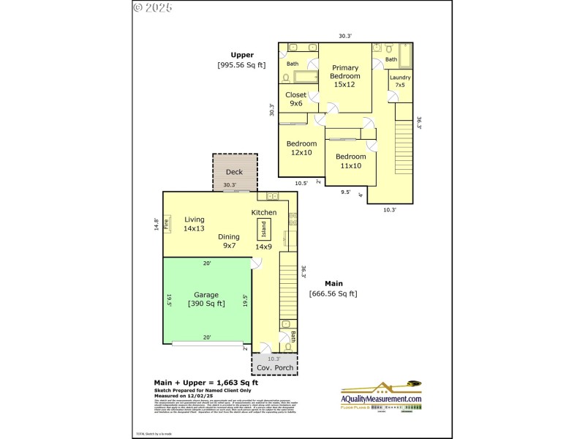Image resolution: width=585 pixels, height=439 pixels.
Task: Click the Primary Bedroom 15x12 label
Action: tap(344, 76)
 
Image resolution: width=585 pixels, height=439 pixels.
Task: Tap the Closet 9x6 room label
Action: tap(296, 99)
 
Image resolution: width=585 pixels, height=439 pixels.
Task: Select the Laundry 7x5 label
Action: tap(400, 81)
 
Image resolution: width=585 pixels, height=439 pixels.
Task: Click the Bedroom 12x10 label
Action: tap(301, 148)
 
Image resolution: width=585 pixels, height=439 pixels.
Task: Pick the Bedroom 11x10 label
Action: tap(350, 161)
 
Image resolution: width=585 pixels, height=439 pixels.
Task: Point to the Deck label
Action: tap(234, 172)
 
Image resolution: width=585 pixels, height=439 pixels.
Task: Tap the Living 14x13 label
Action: tap(195, 224)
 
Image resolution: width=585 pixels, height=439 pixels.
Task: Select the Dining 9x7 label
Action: tap(229, 241)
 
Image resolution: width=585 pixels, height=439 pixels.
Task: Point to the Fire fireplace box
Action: tap(166, 224)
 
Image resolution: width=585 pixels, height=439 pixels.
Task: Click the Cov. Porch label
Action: tap(274, 367)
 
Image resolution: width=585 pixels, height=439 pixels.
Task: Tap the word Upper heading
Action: tap(242, 55)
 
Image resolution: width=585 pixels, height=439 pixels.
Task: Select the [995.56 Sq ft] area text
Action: tap(242, 65)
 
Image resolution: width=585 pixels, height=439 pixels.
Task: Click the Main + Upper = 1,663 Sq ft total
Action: tap(205, 383)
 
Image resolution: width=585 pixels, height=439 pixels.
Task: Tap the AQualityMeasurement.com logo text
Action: tap(382, 398)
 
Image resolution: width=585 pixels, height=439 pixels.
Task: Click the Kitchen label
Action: tap(264, 212)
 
